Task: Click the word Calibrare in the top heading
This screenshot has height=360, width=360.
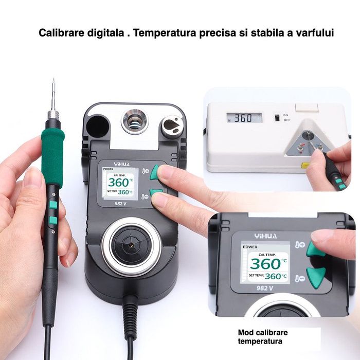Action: coord(60,33)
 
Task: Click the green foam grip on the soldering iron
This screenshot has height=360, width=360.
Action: coord(53,154)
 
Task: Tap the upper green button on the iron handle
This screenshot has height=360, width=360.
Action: coord(53,205)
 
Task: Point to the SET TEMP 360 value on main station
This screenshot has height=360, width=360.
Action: coord(125,192)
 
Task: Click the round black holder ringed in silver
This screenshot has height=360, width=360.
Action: coord(131,245)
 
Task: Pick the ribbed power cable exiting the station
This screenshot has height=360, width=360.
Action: coord(131,314)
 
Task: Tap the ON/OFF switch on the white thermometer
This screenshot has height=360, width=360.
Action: coord(276,118)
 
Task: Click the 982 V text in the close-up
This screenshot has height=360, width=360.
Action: coord(264,288)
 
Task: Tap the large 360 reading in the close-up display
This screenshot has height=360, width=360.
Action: coord(264,263)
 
